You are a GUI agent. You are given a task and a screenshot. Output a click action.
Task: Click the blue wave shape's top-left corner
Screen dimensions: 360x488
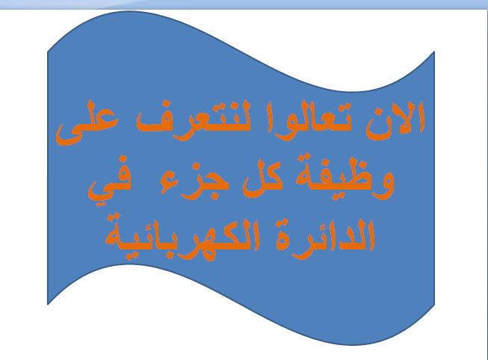tap(49, 52)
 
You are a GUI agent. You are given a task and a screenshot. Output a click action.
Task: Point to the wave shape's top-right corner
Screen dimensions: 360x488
tap(434, 52)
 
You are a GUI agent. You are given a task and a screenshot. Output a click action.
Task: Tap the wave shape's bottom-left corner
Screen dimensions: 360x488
tap(49, 304)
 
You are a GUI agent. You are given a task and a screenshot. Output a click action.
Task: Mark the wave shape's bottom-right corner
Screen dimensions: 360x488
tap(434, 304)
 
